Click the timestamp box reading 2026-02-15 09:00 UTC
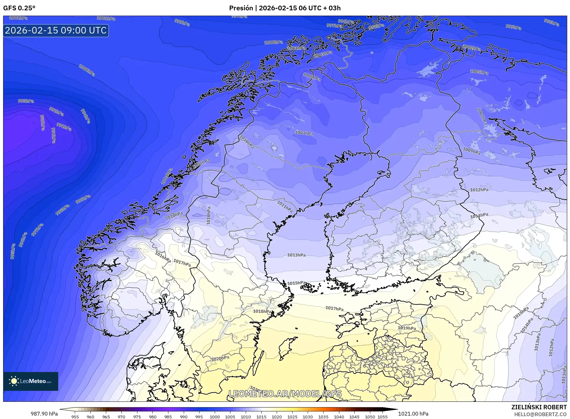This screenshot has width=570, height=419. (x=56, y=30)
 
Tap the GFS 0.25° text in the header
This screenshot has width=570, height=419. (x=19, y=8)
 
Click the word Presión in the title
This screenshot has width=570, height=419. (x=241, y=8)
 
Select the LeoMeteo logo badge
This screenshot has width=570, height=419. (x=31, y=381)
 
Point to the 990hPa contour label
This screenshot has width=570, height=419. (x=54, y=136)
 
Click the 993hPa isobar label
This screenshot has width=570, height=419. (x=26, y=101)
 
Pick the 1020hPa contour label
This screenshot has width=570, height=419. (x=220, y=358)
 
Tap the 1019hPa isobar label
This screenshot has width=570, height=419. (x=407, y=328)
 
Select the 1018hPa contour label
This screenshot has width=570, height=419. (x=262, y=311)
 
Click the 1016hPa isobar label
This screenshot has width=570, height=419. (x=163, y=257)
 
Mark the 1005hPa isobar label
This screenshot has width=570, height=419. (x=479, y=72)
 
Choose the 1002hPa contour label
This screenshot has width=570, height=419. (x=471, y=48)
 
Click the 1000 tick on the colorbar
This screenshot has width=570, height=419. (x=215, y=417)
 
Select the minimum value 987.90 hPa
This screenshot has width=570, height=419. (x=44, y=414)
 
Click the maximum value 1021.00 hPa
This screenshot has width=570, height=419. (x=413, y=414)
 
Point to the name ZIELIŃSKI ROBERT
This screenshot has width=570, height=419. (x=539, y=407)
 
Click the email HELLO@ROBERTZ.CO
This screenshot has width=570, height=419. (x=540, y=414)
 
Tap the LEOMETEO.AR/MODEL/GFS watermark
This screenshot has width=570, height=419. (x=285, y=394)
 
